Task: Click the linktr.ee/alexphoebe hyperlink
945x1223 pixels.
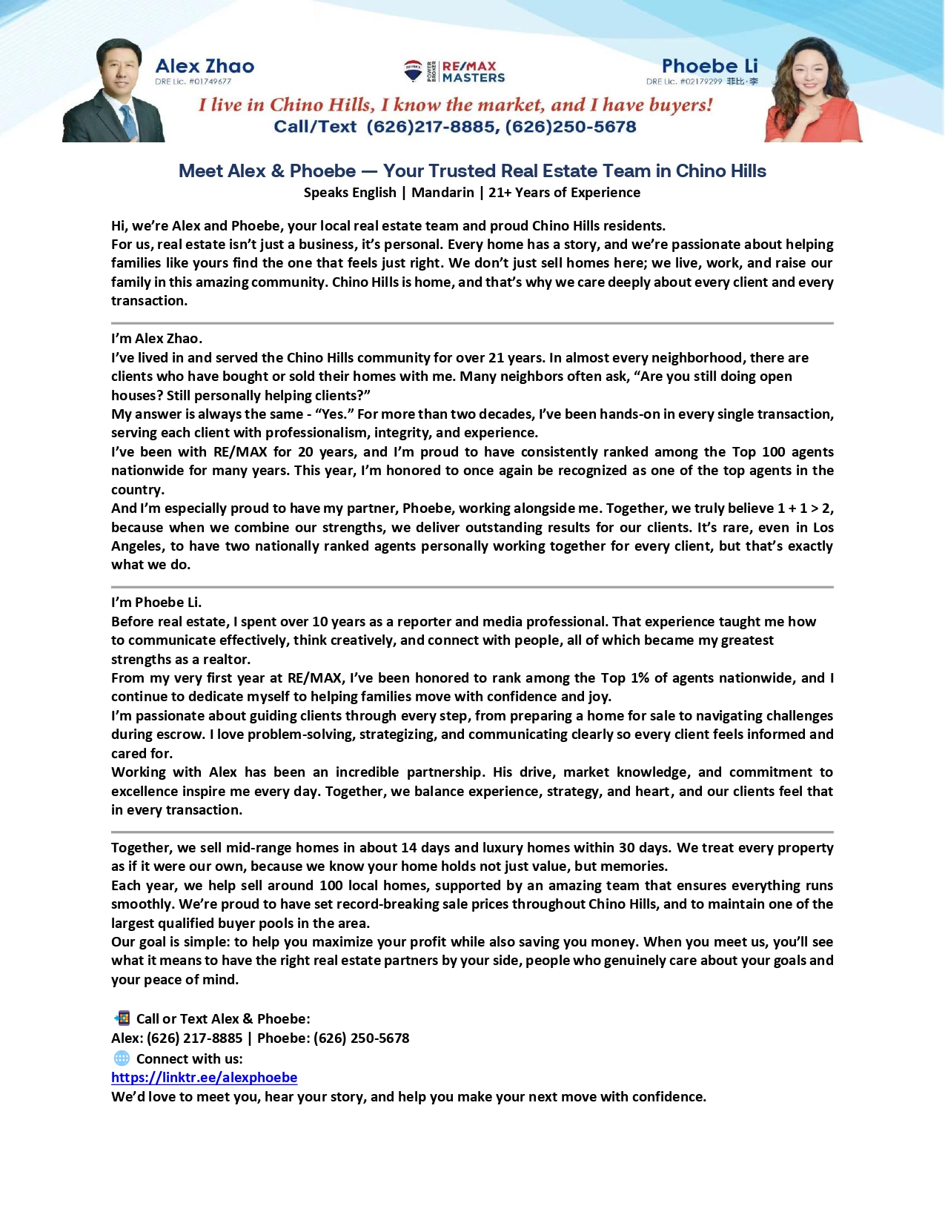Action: coord(204,1078)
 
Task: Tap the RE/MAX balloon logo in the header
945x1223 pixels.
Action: coord(413,71)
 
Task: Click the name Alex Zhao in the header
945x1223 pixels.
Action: coord(205,66)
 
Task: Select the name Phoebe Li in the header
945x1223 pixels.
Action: coord(709,66)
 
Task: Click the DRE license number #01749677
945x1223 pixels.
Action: coord(210,82)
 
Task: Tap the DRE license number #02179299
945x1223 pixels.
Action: coord(700,82)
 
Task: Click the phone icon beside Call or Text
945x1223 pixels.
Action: coord(122,1018)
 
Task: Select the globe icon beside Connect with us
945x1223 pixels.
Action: coord(122,1058)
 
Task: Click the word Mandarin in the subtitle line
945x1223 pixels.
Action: coord(442,193)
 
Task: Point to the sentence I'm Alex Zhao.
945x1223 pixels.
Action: coord(156,339)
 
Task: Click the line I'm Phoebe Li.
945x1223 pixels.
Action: coord(156,603)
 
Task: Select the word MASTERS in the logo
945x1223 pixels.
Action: coord(474,78)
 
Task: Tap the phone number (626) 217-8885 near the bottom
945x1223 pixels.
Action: coord(194,1038)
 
